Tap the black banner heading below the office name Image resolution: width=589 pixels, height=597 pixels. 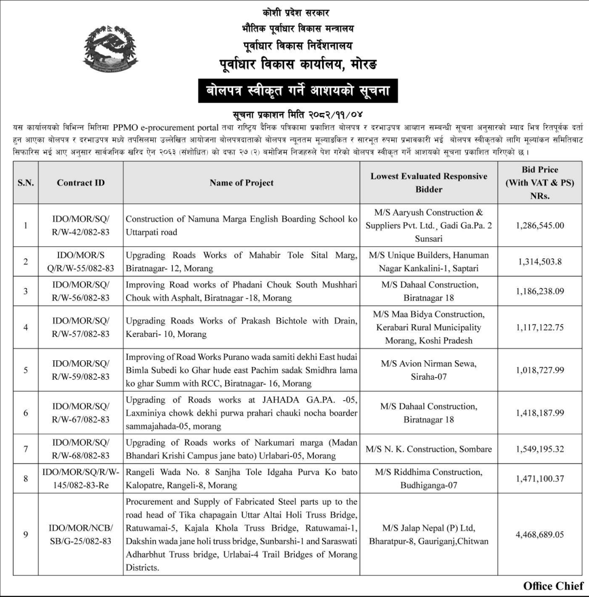pos(294,92)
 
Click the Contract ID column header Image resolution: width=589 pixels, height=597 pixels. pos(81,182)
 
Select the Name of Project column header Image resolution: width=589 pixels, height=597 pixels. pos(242,182)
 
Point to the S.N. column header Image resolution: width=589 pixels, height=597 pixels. pos(25,182)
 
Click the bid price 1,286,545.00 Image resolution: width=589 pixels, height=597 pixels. pos(540,225)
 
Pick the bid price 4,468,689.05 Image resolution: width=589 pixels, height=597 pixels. pos(540,534)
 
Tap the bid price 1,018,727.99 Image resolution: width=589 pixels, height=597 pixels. pos(540,370)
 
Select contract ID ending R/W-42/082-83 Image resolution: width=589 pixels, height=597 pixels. pos(81,225)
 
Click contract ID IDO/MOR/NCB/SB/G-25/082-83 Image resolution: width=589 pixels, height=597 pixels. pos(81,534)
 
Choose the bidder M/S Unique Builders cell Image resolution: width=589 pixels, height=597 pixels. pos(429,262)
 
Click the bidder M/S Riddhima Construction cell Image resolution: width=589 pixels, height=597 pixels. pos(429,478)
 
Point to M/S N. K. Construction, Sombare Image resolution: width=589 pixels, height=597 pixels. pos(429,449)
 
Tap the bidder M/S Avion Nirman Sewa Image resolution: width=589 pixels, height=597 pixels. pos(429,370)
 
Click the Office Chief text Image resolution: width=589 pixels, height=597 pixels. pos(553,586)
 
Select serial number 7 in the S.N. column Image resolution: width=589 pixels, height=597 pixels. pos(25,449)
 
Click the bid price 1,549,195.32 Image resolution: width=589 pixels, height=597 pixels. pos(540,449)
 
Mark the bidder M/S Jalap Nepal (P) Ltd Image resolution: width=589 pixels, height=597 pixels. pos(429,534)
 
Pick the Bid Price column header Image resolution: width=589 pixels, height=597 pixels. pos(540,182)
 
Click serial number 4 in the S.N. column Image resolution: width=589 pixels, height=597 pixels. pos(25,327)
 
